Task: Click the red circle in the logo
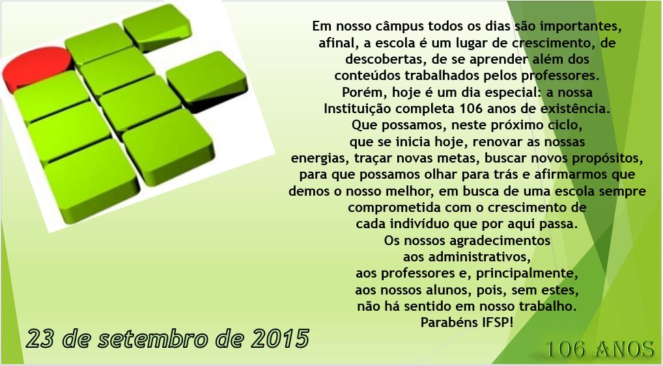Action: point(37,68)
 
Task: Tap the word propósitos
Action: point(608,159)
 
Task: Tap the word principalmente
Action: point(527,274)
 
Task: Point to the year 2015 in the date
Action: point(280,339)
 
